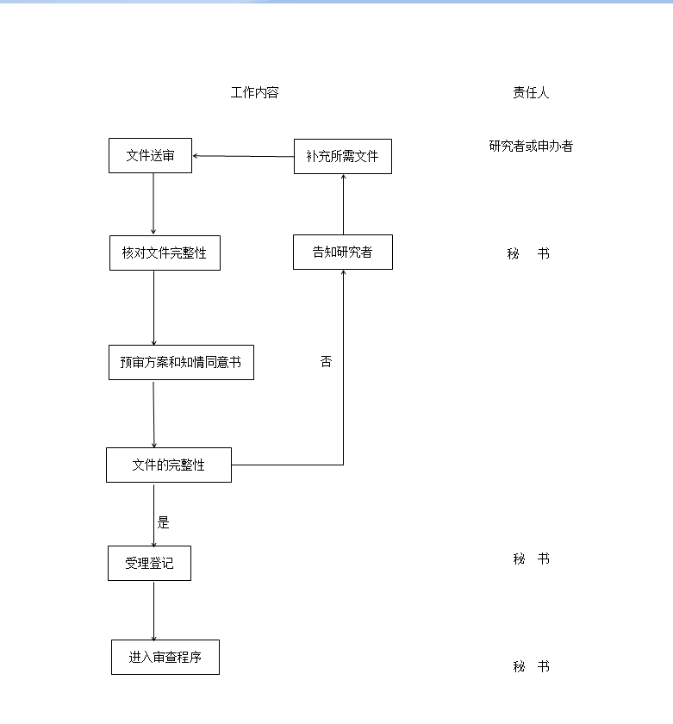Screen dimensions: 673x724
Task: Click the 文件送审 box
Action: point(151,156)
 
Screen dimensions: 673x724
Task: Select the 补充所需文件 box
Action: point(343,157)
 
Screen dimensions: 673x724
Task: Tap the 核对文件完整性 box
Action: point(165,253)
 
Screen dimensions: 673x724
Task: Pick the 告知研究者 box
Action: point(343,252)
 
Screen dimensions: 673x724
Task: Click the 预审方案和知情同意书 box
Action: point(182,363)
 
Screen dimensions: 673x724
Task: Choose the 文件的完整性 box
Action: point(169,465)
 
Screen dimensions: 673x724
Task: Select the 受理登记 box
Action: point(150,564)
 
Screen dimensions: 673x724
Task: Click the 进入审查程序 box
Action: point(165,657)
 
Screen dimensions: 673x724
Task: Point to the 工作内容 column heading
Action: point(255,93)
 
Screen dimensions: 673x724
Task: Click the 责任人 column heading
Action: point(531,93)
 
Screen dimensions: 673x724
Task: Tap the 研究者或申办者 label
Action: point(531,147)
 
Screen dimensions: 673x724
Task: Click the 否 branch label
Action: point(326,361)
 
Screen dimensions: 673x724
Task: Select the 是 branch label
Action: point(164,522)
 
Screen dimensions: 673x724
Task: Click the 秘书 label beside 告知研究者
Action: point(528,253)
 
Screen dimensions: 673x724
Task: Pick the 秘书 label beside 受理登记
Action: point(531,559)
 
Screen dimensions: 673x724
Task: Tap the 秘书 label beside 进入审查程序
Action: point(531,666)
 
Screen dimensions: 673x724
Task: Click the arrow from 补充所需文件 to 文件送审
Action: point(243,156)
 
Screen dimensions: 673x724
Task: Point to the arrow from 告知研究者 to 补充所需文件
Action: point(344,204)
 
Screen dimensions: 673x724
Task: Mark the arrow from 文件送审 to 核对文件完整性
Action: point(153,203)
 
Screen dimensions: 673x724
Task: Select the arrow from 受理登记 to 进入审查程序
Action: point(153,611)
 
